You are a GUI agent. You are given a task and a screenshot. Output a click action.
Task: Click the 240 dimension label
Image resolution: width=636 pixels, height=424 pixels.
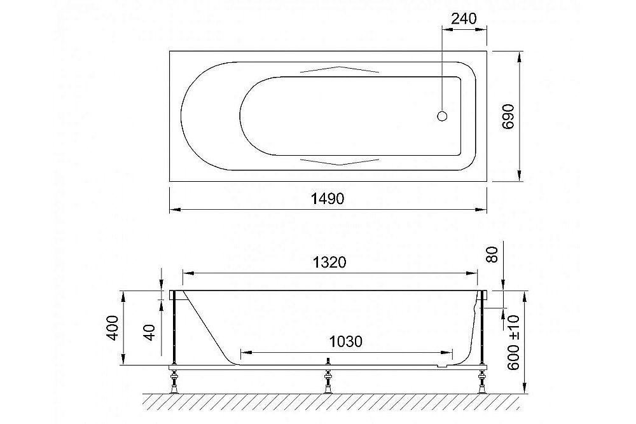[464, 18]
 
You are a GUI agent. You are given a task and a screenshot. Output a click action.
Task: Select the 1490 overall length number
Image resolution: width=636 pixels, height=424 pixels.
[328, 198]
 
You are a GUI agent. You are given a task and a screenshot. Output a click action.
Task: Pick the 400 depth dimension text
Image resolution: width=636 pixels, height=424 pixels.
[111, 328]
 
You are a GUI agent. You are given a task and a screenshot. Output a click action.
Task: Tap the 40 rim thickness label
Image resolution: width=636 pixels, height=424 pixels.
[150, 331]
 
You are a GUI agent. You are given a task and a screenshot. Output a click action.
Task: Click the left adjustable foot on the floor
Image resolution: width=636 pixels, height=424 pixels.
[172, 384]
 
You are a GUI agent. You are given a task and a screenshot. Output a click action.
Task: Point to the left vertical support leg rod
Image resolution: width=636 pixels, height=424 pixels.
[173, 331]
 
